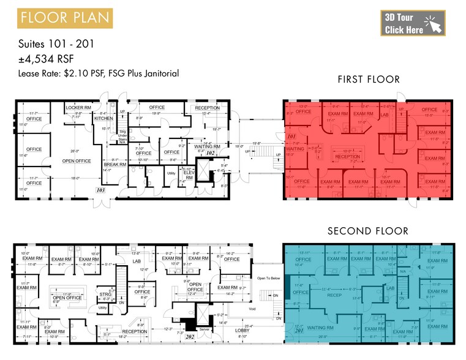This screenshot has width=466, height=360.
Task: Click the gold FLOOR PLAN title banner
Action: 65,17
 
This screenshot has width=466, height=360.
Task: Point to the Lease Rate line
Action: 99,73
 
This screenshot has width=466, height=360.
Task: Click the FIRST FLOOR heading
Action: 369,80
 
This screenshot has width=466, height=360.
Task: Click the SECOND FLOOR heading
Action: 367,231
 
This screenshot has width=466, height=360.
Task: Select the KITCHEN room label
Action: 104,118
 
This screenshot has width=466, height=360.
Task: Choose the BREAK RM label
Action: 115,164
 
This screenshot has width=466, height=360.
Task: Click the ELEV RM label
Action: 189,174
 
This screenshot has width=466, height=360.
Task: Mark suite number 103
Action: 100,191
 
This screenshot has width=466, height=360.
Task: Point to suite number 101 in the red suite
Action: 291,137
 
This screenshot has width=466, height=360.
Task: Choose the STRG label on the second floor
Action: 105,293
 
